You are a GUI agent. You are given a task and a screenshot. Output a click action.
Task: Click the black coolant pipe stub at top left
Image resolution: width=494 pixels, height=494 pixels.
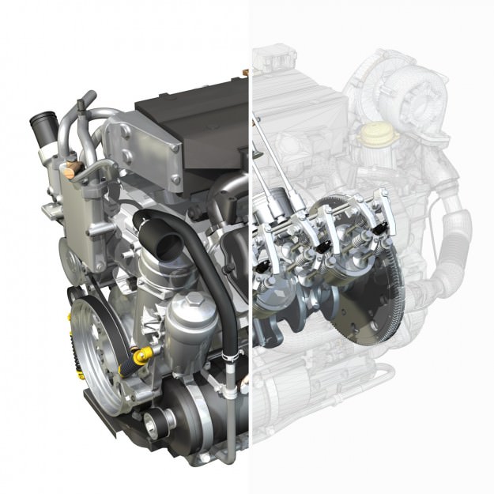coord(40,126)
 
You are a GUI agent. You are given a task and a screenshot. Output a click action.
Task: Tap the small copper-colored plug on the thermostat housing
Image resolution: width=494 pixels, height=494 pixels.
coord(74,167)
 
